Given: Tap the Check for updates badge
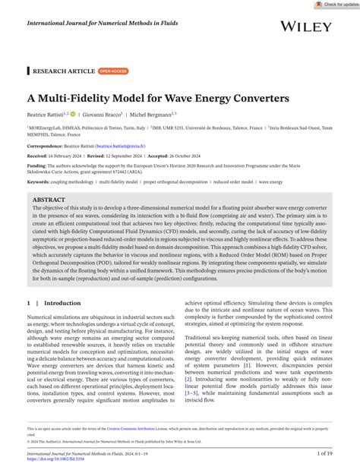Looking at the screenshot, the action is tap(337, 5).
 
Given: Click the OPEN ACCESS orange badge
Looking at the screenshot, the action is tap(113, 71).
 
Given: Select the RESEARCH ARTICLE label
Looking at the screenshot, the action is tap(64, 71).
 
